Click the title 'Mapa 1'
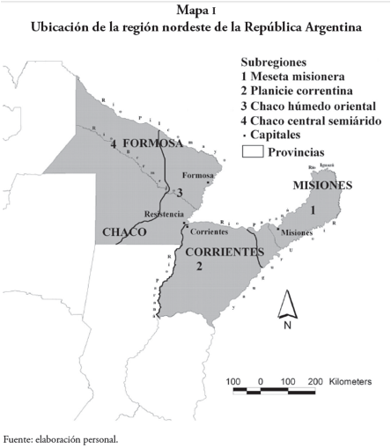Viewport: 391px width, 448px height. click(195, 11)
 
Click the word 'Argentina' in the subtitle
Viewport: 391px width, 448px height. click(321, 27)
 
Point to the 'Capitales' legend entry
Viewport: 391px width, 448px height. click(281, 135)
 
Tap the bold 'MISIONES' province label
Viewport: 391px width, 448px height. click(322, 186)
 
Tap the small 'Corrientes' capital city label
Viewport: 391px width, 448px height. click(209, 232)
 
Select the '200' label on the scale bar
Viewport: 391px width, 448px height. click(315, 382)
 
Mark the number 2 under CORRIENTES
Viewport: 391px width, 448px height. click(200, 266)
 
